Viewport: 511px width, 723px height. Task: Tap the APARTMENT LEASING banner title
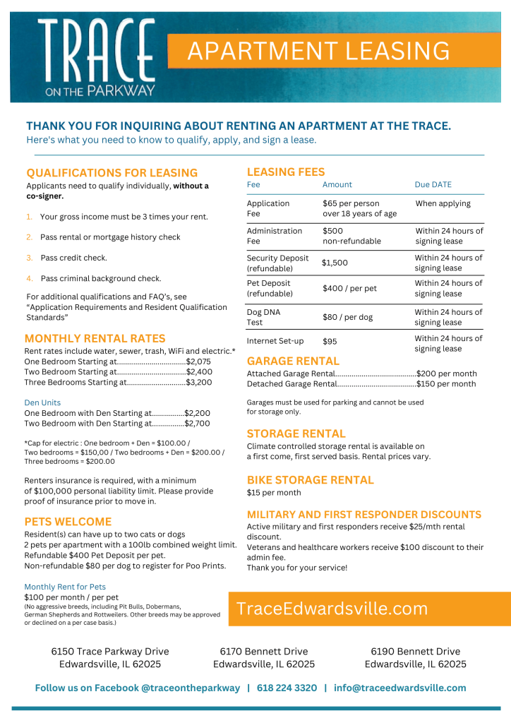click(318, 51)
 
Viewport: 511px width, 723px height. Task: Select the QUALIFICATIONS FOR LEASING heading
click(112, 173)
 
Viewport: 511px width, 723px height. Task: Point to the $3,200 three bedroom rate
click(198, 382)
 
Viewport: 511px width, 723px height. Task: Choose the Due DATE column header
click(433, 184)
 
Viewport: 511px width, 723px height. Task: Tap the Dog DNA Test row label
click(265, 317)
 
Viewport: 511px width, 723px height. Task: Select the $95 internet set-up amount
click(330, 342)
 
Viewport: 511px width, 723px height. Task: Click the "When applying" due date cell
click(443, 203)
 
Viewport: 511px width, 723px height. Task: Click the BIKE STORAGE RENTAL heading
click(310, 480)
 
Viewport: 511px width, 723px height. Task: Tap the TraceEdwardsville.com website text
click(332, 609)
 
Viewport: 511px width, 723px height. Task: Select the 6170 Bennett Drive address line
click(264, 652)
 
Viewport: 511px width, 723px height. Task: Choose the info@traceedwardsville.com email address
click(400, 688)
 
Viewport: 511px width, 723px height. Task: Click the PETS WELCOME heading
click(68, 522)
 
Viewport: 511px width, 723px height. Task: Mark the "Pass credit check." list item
click(73, 258)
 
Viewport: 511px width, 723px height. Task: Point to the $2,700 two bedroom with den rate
click(197, 424)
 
